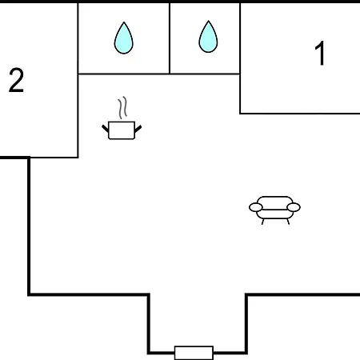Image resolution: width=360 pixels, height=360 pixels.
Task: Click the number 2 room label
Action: point(16,80)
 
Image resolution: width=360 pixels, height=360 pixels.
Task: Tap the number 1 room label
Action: point(320,53)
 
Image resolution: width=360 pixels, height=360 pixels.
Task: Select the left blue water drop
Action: point(124,38)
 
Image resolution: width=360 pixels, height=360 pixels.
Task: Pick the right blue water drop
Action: point(208,37)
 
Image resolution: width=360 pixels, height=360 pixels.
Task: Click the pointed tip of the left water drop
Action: point(124,22)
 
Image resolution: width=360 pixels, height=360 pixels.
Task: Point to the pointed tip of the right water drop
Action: point(208,21)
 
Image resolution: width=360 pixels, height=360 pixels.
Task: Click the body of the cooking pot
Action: point(122,130)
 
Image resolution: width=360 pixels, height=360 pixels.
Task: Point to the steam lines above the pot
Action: point(122,107)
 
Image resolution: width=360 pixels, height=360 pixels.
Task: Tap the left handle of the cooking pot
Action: point(106,128)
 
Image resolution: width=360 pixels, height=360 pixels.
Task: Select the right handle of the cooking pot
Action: point(138,129)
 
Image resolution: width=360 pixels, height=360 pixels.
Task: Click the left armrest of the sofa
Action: point(256,207)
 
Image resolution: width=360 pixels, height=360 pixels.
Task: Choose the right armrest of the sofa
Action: point(294,207)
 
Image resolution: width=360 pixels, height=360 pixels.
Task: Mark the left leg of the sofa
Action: point(263,222)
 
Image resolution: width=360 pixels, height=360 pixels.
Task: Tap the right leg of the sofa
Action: point(288,222)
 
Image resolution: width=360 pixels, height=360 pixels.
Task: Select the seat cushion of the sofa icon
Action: point(274,214)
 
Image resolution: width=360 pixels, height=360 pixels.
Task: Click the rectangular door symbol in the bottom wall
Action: point(194,353)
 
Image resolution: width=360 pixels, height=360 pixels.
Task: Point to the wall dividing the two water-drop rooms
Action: point(170,38)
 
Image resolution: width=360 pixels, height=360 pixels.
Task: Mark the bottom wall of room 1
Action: point(300,114)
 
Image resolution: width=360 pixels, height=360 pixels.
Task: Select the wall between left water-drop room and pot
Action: point(124,74)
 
